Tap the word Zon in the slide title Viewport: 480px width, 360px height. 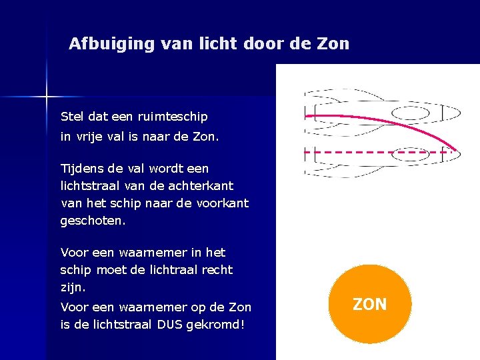334,44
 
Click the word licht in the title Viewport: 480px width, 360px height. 229,44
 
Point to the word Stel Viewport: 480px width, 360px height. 73,117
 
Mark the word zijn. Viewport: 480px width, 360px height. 72,287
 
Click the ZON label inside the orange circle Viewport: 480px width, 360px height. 369,305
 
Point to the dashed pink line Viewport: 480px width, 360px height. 373,152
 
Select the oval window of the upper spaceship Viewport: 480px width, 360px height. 410,111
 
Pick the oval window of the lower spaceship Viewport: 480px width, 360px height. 409,154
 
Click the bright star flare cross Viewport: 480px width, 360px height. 47,97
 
